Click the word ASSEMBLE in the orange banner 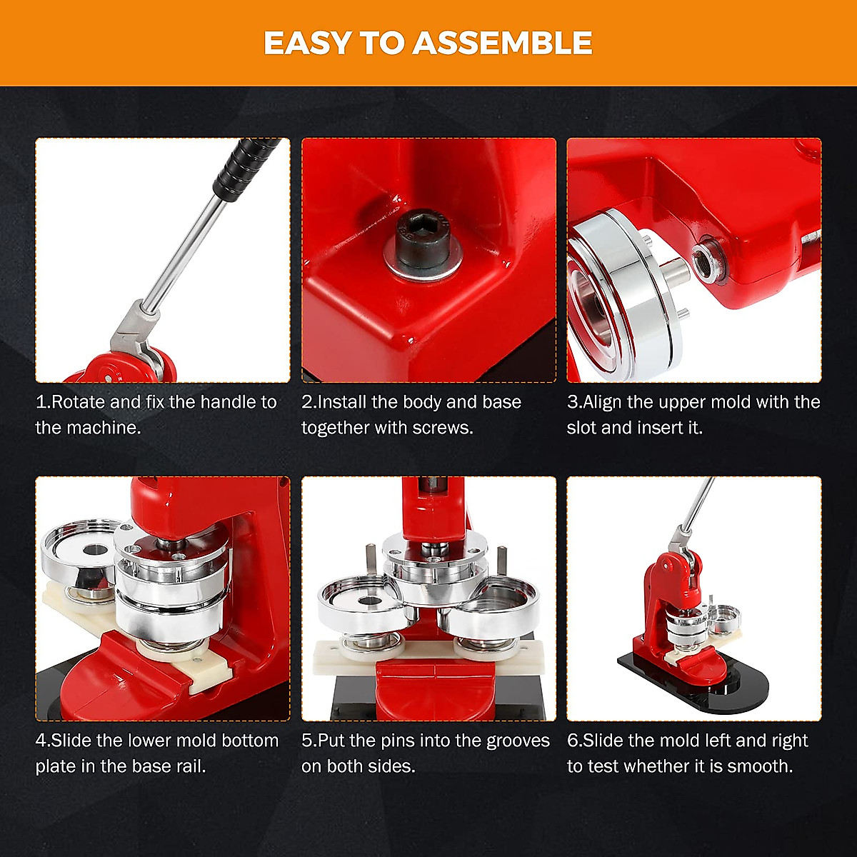click(502, 44)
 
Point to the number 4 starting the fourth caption click(41, 741)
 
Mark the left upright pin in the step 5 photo click(371, 561)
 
